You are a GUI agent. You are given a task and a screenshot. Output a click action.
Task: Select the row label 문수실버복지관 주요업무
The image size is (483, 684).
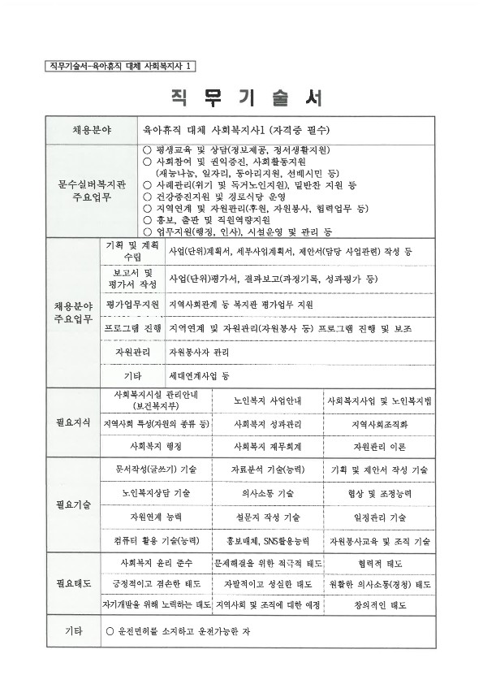[91, 190]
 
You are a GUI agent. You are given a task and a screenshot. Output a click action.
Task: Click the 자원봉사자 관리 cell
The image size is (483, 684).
[198, 353]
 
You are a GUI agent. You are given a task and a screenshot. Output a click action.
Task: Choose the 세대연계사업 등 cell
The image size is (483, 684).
[199, 376]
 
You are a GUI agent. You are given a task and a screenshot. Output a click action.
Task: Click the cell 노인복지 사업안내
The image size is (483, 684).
[266, 401]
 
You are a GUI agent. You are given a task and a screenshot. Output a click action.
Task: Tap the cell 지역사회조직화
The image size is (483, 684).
[379, 424]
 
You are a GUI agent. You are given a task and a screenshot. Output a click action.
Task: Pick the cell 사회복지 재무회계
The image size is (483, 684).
[266, 446]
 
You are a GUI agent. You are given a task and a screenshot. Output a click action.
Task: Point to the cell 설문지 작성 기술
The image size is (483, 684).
[267, 517]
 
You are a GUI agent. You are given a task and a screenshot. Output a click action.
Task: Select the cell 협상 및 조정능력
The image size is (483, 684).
[379, 493]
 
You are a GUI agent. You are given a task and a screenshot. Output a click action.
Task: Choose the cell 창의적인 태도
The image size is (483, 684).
[379, 605]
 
